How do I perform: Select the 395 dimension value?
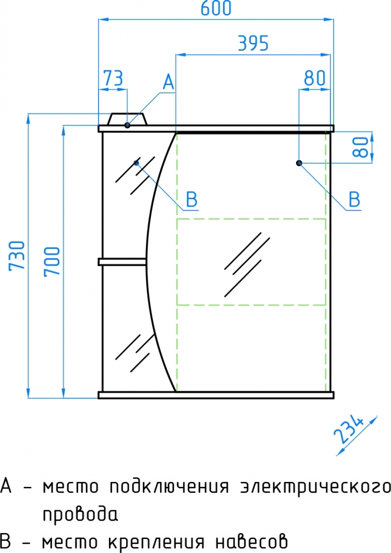pyautogui.click(x=253, y=43)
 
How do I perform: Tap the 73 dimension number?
pyautogui.click(x=113, y=78)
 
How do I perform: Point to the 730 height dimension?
pyautogui.click(x=17, y=256)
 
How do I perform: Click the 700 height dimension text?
pyautogui.click(x=52, y=261)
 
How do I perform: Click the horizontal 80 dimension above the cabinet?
pyautogui.click(x=314, y=78)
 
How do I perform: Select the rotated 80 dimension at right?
pyautogui.click(x=361, y=147)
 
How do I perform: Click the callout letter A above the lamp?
pyautogui.click(x=168, y=82)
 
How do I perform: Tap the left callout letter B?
pyautogui.click(x=191, y=200)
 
